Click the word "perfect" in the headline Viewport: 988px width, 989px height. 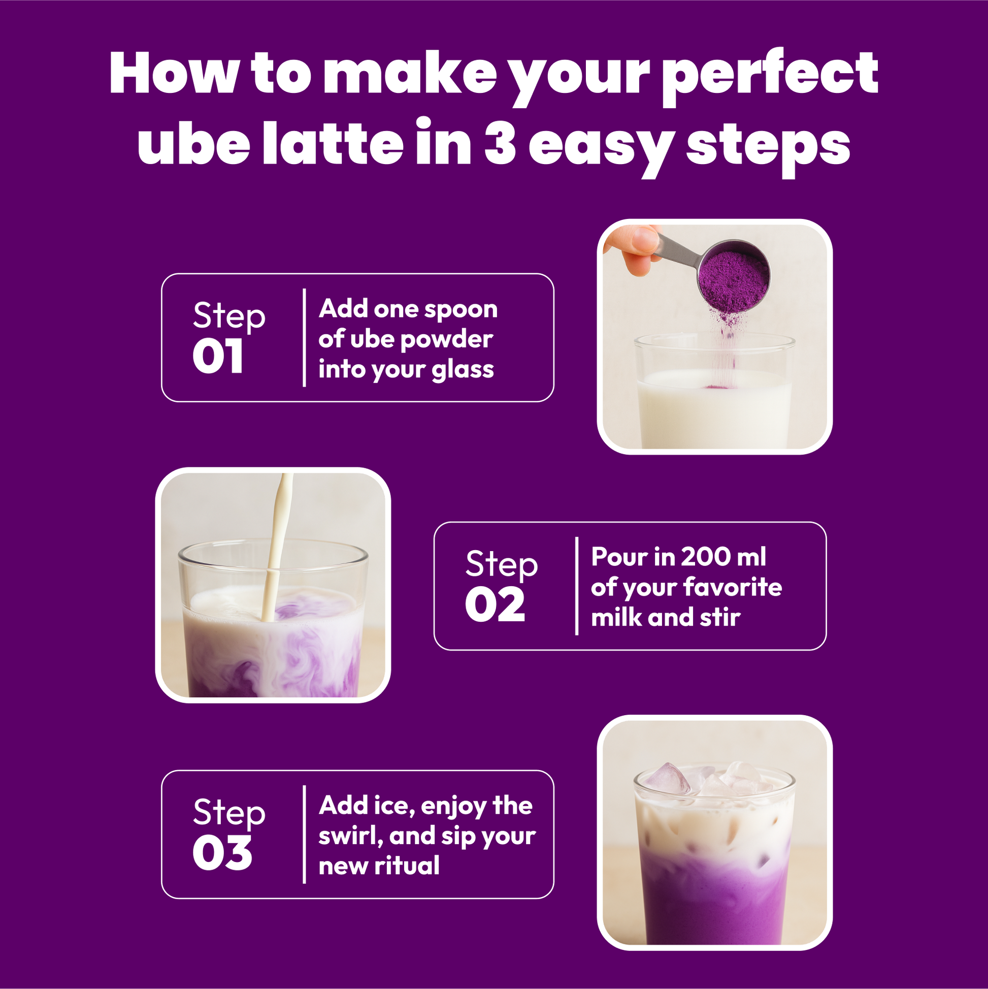click(x=773, y=77)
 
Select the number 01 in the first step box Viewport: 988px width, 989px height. click(x=217, y=357)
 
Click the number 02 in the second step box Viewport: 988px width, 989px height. click(x=495, y=605)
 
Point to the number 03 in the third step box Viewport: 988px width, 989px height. click(x=222, y=853)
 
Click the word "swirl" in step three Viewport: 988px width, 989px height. click(x=350, y=836)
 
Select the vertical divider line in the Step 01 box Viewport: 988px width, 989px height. click(x=305, y=337)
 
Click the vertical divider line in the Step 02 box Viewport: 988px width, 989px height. click(x=577, y=586)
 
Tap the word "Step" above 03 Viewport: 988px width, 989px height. click(x=229, y=813)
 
